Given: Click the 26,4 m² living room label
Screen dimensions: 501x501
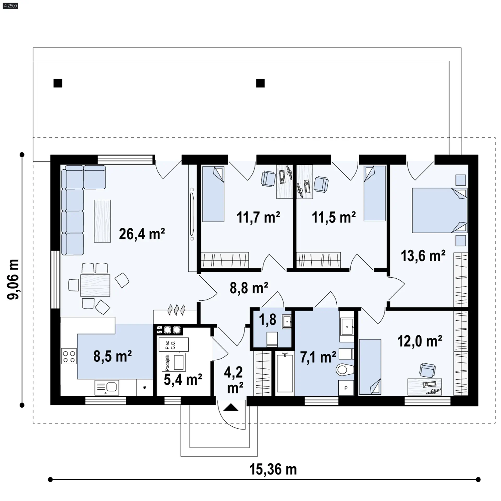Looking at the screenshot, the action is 142,234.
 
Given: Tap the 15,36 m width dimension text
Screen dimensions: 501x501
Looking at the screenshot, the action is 273,469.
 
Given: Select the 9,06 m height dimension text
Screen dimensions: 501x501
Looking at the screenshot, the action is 13,279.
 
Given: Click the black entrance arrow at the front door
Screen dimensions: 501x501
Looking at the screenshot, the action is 231,407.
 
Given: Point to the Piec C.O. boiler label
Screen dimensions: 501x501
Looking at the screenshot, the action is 170,345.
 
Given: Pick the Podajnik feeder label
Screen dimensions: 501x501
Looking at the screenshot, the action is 168,362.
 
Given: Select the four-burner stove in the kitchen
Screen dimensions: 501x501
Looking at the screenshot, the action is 69,356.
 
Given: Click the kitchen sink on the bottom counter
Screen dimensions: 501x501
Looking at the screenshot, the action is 107,387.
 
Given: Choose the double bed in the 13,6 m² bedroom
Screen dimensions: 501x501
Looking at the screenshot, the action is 440,210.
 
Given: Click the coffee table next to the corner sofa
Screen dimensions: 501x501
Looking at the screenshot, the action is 102,221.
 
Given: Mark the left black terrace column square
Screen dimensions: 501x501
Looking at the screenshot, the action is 58,83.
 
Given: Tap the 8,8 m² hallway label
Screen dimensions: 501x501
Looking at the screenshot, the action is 249,288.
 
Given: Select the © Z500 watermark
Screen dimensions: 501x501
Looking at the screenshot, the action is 10,6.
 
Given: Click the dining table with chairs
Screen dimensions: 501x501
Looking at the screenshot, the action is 95,285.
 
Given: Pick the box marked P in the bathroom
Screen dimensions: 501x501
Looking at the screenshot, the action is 346,388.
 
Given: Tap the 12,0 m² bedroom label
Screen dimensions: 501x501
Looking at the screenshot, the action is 420,341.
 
